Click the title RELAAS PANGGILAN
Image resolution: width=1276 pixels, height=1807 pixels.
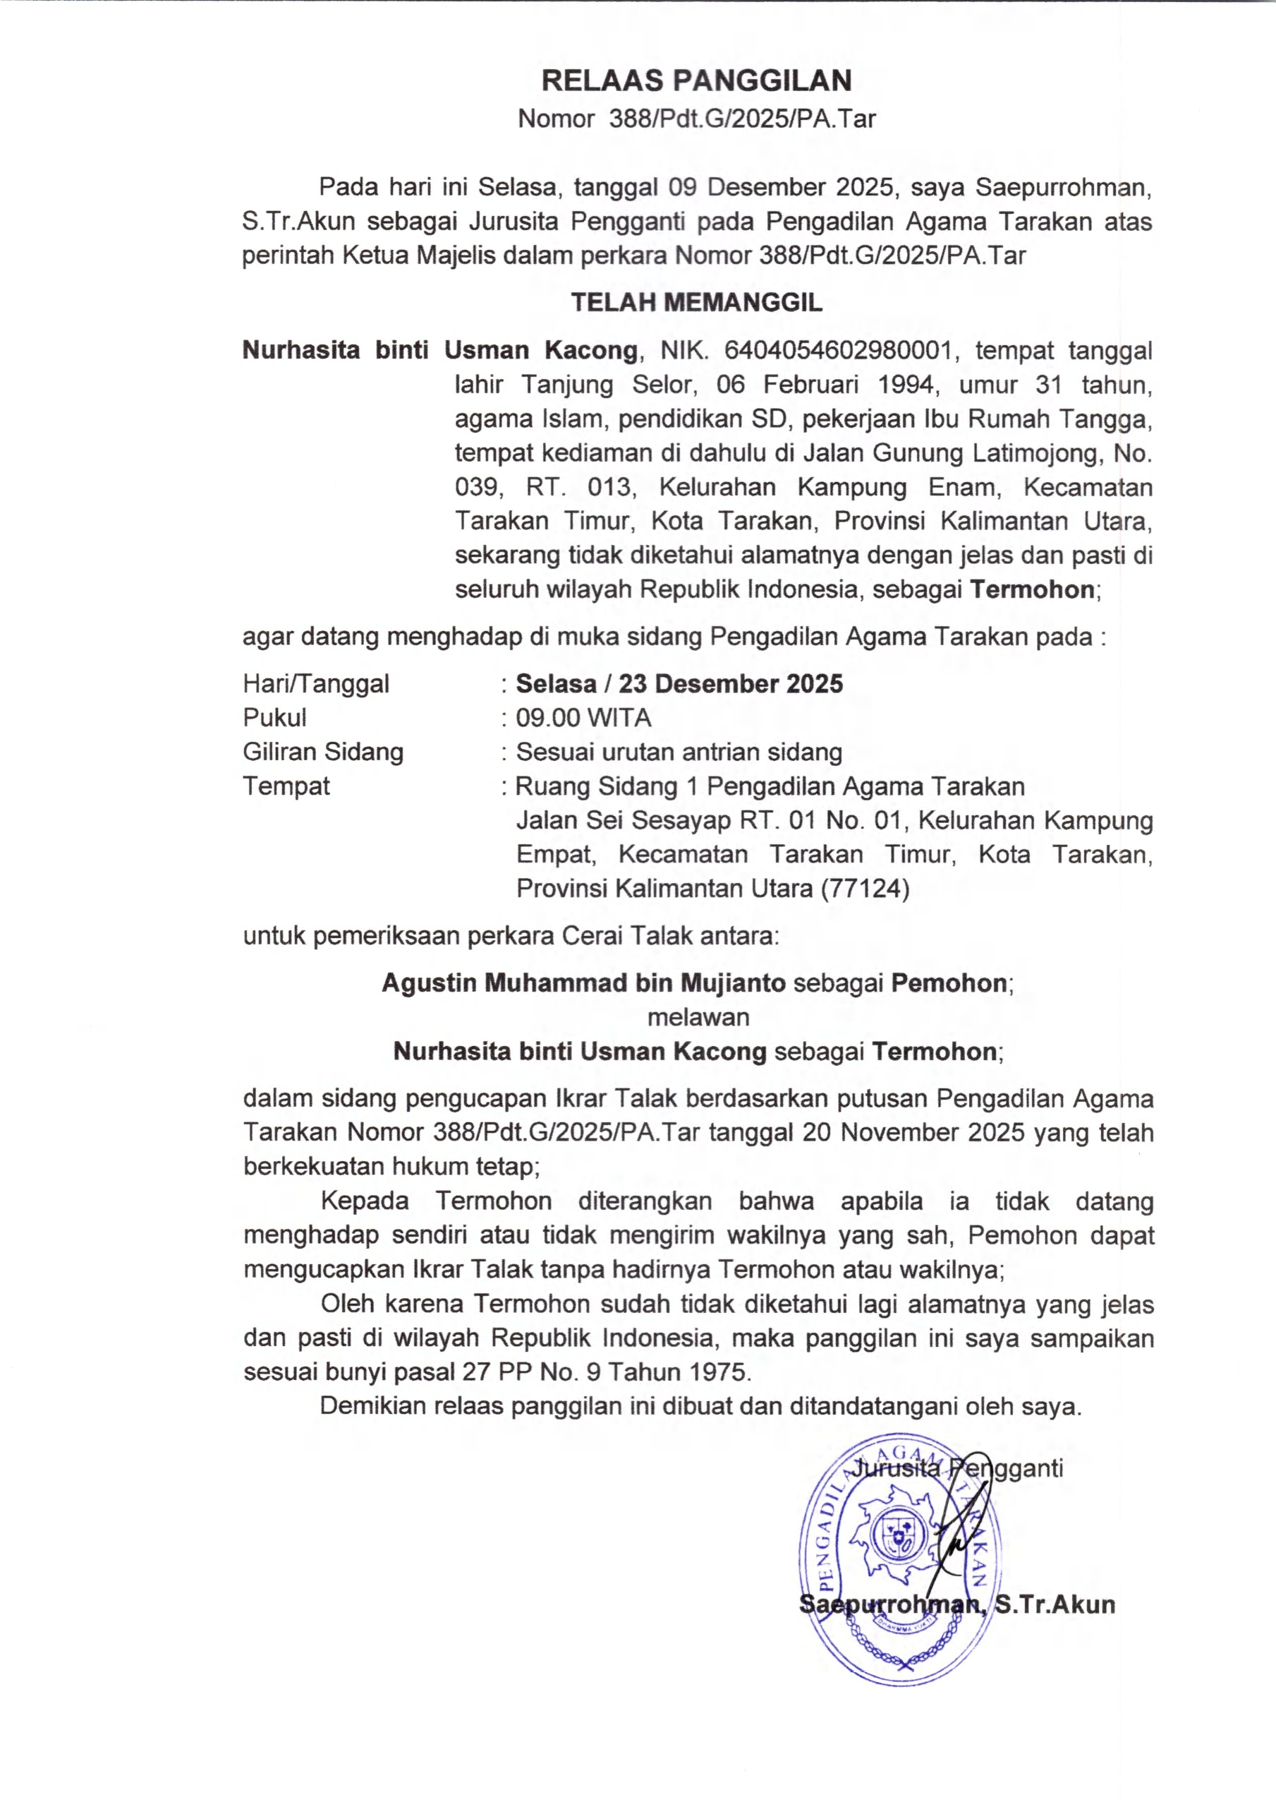point(696,80)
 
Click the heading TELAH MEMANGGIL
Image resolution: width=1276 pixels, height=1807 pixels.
point(696,302)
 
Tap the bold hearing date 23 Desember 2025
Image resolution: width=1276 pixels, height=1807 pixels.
point(730,683)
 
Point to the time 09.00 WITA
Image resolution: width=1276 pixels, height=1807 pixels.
point(584,718)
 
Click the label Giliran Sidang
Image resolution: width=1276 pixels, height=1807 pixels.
point(322,752)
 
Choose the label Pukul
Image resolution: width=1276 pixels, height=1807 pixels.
point(274,718)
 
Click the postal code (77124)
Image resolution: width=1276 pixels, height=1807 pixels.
point(865,889)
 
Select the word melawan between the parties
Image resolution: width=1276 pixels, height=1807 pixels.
point(698,1017)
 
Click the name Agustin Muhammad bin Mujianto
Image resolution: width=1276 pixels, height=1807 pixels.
point(584,983)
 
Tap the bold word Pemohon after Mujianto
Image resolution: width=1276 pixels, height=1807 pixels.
point(949,983)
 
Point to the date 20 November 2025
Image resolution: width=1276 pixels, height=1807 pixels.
point(913,1132)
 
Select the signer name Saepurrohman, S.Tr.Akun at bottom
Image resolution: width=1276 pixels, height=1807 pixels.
point(956,1604)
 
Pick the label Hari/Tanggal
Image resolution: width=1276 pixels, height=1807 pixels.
point(315,683)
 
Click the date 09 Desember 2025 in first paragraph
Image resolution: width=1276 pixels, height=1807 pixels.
point(781,187)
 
